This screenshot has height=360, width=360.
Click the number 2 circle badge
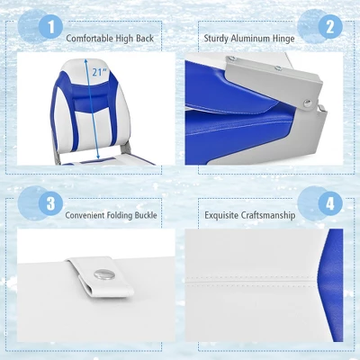pyautogui.click(x=329, y=26)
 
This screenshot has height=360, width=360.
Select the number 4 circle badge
pyautogui.click(x=329, y=203)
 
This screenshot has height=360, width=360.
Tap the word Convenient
pyautogui.click(x=86, y=216)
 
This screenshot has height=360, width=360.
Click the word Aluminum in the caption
pyautogui.click(x=247, y=40)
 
